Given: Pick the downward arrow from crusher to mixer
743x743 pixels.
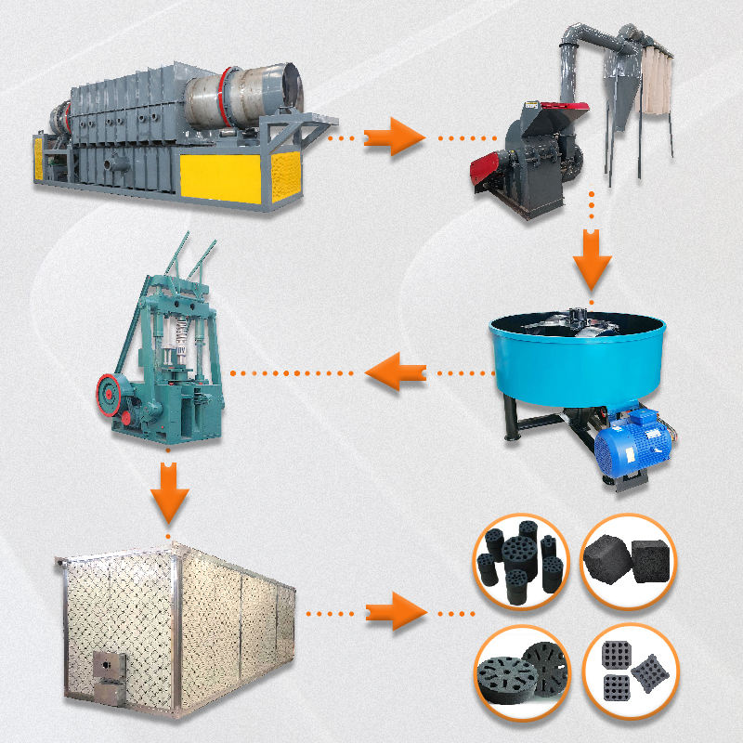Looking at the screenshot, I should (592, 264).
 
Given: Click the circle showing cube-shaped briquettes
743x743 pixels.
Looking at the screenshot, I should (629, 560).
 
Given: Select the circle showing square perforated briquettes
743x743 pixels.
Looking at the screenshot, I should (629, 668).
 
